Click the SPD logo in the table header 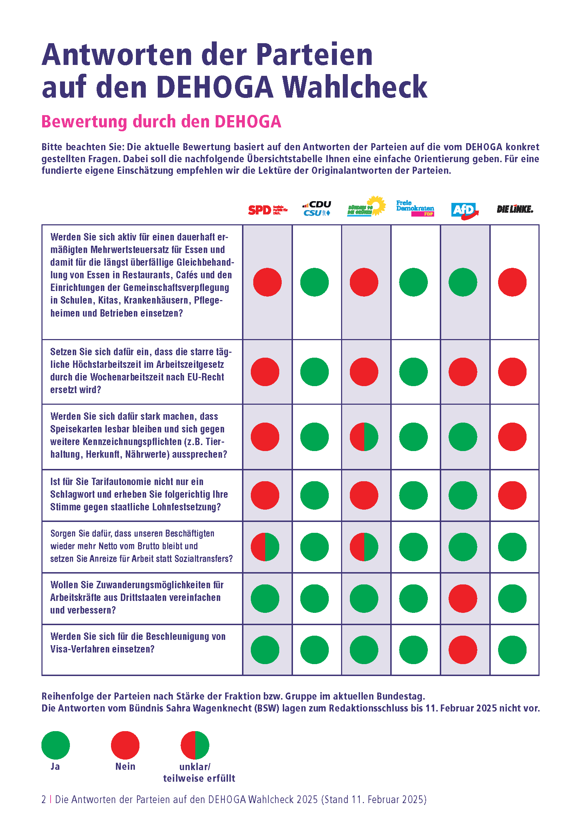coord(268,210)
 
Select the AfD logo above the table coord(465,210)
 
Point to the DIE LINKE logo coord(515,209)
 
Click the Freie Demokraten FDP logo coord(415,208)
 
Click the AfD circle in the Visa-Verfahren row coord(463,650)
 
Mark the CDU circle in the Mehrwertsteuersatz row coord(314,282)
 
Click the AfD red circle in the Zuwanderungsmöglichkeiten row coord(463,598)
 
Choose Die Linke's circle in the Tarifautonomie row coord(512,495)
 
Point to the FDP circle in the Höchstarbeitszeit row coord(413,372)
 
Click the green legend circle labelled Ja coord(56,745)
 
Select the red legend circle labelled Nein coord(125,745)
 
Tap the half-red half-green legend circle coord(195,745)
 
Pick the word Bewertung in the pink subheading coord(84,121)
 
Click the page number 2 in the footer coord(44,800)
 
